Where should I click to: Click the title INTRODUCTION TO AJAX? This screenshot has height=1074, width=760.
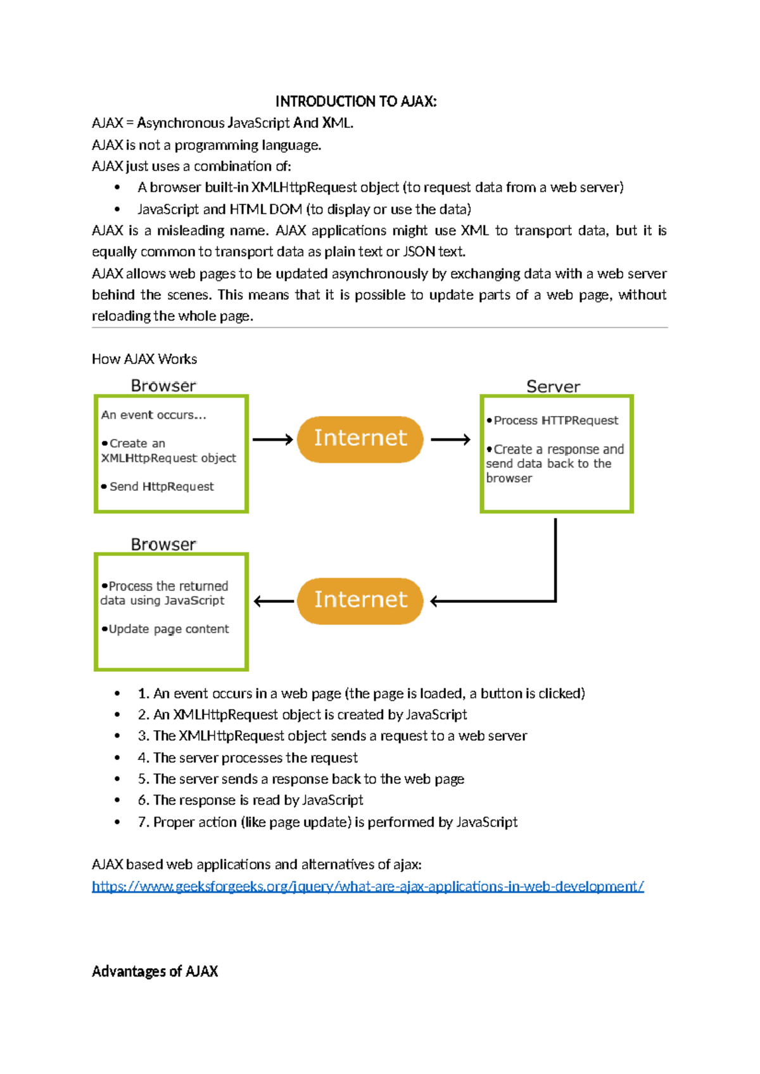click(355, 101)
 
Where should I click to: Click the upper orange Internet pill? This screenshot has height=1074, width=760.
click(360, 438)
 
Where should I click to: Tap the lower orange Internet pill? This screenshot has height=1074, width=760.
click(360, 600)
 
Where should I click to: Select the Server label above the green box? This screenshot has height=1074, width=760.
click(553, 386)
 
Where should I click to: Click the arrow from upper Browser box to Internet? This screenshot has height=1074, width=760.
click(272, 439)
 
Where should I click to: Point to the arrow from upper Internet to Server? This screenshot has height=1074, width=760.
click(450, 439)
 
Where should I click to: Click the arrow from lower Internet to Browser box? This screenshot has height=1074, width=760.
click(274, 601)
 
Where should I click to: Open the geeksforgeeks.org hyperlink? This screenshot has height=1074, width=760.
click(367, 886)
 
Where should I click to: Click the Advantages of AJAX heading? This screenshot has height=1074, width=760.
click(155, 971)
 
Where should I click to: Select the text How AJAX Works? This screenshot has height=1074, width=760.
click(144, 359)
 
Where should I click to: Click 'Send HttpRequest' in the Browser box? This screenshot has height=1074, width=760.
click(161, 486)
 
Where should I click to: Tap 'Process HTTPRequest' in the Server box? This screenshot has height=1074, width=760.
click(555, 420)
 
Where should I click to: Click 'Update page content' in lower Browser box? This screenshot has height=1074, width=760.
click(168, 629)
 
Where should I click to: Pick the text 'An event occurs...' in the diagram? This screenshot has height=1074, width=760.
click(153, 415)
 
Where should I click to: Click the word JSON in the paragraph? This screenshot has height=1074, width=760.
click(419, 252)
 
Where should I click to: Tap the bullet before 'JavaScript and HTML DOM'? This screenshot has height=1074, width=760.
click(117, 210)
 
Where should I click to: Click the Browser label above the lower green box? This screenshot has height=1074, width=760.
click(163, 545)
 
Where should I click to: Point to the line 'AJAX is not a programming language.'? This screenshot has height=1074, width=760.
click(206, 145)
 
